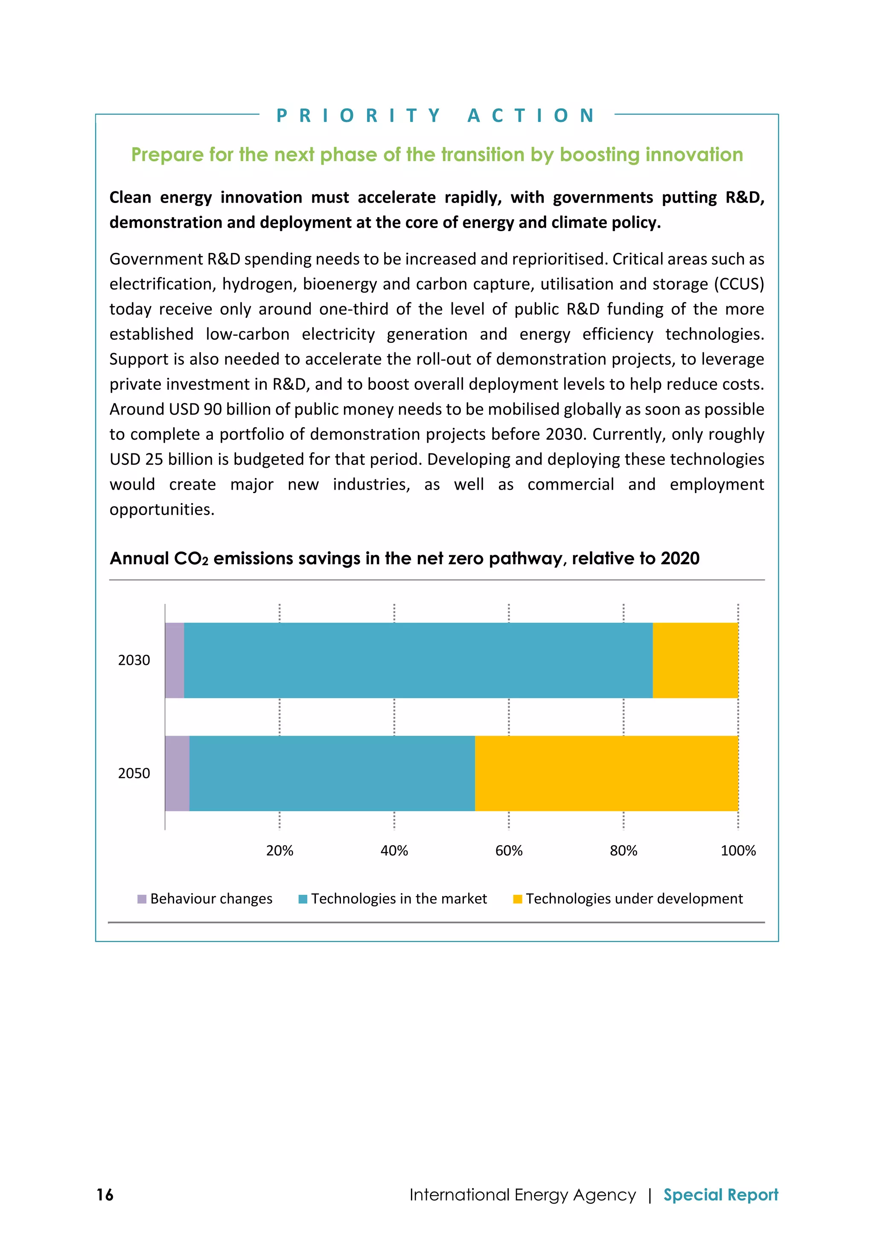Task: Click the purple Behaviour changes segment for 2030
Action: (175, 660)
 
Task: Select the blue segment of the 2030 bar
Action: (418, 660)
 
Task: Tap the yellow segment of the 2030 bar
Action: (695, 660)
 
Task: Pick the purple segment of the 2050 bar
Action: (177, 773)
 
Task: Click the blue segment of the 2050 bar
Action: (332, 773)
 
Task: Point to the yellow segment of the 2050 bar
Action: (606, 773)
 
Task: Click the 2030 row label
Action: (134, 660)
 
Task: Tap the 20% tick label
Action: (280, 851)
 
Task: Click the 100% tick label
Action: (738, 851)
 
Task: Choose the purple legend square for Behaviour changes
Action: (142, 899)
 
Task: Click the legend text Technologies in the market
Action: (399, 899)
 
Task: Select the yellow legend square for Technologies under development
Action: (517, 899)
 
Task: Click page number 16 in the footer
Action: (105, 1195)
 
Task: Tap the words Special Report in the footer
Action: (720, 1195)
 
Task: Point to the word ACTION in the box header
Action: (531, 116)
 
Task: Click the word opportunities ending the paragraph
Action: (161, 509)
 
